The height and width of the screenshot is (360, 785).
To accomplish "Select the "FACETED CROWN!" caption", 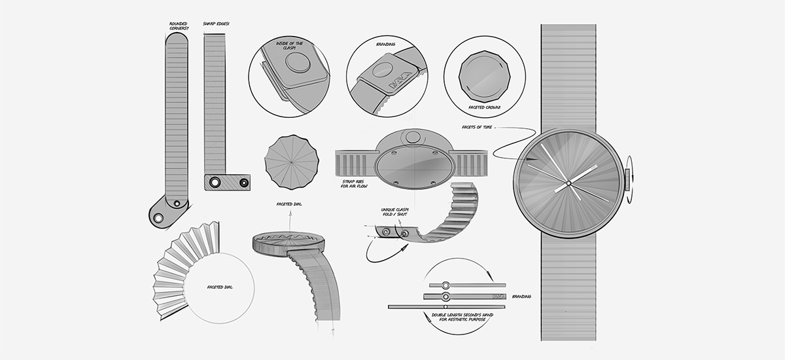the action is pyautogui.click(x=485, y=106).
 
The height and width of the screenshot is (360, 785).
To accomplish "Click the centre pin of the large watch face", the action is pyautogui.click(x=568, y=181).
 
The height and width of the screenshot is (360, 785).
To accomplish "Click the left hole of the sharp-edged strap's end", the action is pyautogui.click(x=213, y=182).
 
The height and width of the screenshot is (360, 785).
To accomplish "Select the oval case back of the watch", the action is pyautogui.click(x=413, y=166).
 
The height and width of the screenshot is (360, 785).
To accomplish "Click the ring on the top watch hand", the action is pyautogui.click(x=445, y=285).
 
